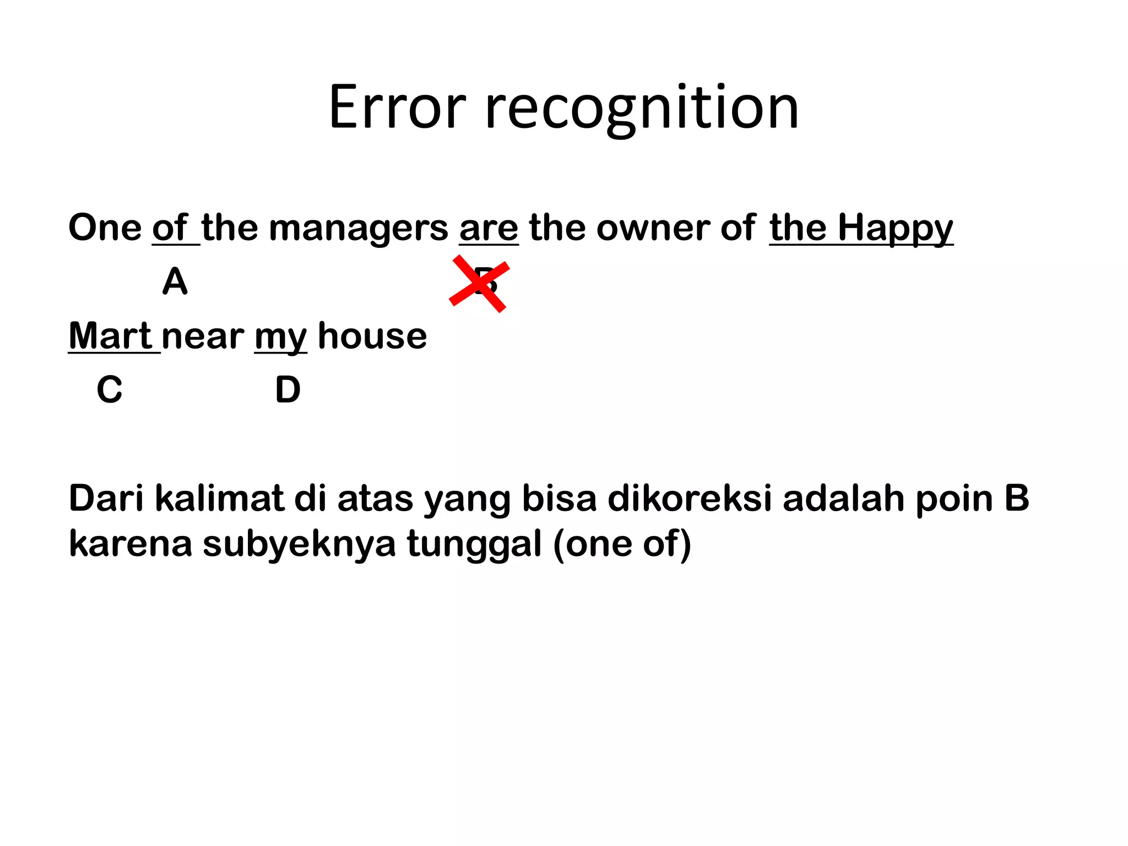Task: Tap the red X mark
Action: (x=479, y=284)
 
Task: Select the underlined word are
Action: (x=489, y=227)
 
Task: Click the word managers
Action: (x=359, y=229)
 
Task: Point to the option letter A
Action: (x=175, y=281)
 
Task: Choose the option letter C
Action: (x=109, y=389)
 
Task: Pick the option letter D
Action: (x=288, y=389)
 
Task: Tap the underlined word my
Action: (x=280, y=337)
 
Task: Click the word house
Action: (x=372, y=335)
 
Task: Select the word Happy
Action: (x=895, y=229)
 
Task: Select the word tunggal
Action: (x=474, y=544)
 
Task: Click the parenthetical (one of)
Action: (x=622, y=544)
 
